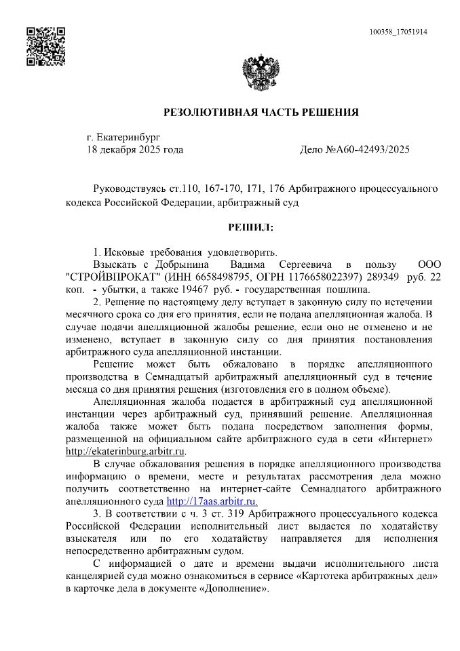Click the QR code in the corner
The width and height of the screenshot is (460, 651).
(45, 46)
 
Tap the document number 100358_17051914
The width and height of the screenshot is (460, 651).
(398, 32)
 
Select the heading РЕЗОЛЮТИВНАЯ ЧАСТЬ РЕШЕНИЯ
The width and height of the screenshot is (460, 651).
(261, 112)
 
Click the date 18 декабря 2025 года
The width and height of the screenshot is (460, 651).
(135, 149)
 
